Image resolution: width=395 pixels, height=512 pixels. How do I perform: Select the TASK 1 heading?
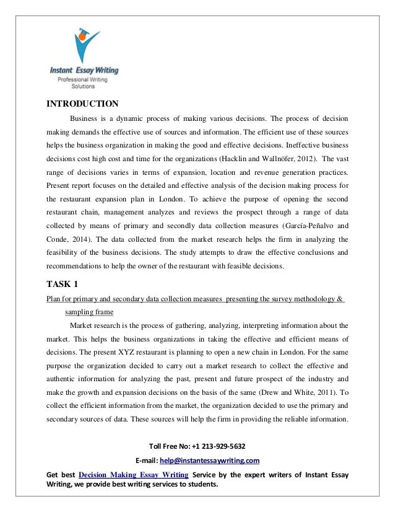[x=63, y=285]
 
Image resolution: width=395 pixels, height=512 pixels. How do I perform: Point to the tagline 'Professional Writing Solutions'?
[x=81, y=84]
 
